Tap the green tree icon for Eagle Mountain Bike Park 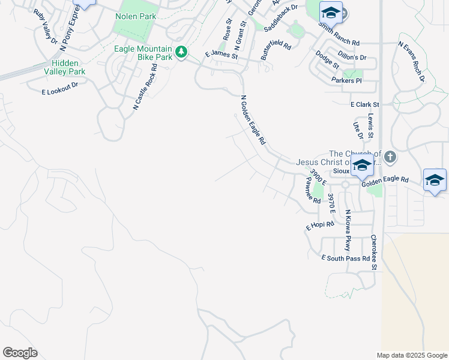[x=181, y=52]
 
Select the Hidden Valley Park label [x=68, y=67]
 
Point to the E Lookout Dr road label [x=60, y=89]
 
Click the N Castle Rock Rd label [x=145, y=87]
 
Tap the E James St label [x=221, y=55]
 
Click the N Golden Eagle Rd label [x=253, y=121]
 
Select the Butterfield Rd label [x=276, y=50]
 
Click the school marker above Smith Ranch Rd [x=330, y=13]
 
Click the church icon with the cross [x=390, y=158]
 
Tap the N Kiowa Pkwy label [x=347, y=230]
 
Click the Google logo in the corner [x=20, y=353]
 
